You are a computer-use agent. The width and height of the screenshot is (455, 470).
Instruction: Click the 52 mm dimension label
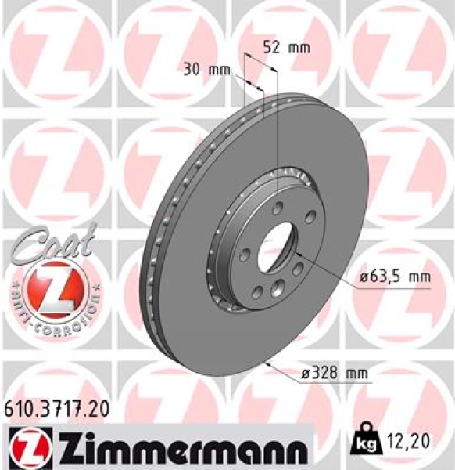286,48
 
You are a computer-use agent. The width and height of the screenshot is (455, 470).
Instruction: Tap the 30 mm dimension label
206,69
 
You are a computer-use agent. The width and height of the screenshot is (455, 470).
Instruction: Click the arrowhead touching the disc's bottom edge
269,362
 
